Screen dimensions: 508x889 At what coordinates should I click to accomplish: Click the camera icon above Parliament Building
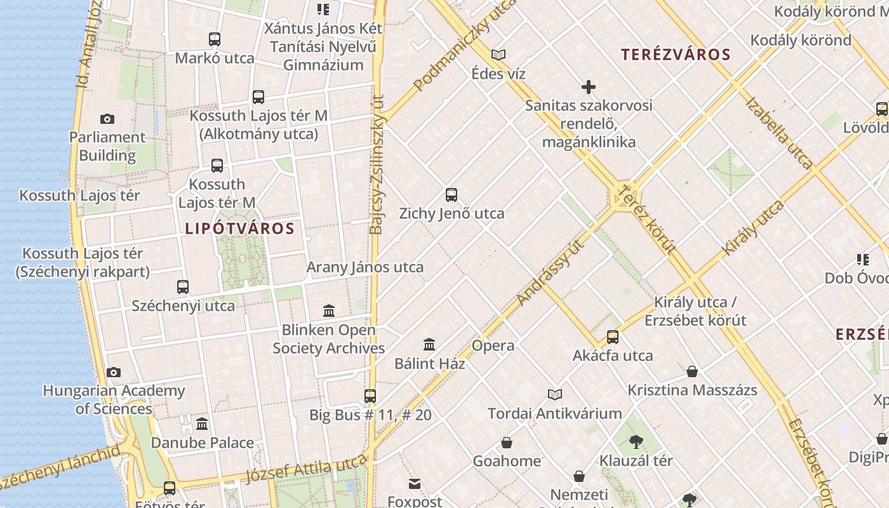pyautogui.click(x=107, y=119)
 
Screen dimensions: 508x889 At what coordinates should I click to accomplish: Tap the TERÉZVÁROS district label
pyautogui.click(x=676, y=55)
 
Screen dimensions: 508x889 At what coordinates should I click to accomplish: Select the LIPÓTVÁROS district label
pyautogui.click(x=240, y=229)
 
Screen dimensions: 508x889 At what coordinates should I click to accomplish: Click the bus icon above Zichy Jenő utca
pyautogui.click(x=451, y=195)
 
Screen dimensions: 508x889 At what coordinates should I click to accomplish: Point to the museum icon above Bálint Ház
pyautogui.click(x=429, y=345)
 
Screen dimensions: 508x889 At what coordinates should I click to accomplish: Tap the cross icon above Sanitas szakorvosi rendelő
pyautogui.click(x=589, y=87)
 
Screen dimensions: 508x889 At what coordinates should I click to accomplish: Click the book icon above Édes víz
pyautogui.click(x=498, y=55)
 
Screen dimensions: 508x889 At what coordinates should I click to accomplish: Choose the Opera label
pyautogui.click(x=493, y=346)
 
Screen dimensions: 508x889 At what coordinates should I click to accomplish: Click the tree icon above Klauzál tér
pyautogui.click(x=636, y=442)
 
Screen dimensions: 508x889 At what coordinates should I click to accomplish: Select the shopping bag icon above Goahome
pyautogui.click(x=507, y=443)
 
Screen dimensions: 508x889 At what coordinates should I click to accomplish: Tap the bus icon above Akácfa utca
pyautogui.click(x=613, y=337)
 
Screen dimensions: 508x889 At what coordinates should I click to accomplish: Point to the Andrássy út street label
pyautogui.click(x=550, y=273)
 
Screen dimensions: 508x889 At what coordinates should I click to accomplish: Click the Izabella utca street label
pyautogui.click(x=779, y=133)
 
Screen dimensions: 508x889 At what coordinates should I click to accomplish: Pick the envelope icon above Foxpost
pyautogui.click(x=415, y=485)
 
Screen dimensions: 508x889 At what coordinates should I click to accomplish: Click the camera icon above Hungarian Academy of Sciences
pyautogui.click(x=114, y=373)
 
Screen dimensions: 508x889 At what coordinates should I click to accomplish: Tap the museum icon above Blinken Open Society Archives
pyautogui.click(x=329, y=311)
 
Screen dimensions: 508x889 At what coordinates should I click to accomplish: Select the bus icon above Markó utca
pyautogui.click(x=215, y=39)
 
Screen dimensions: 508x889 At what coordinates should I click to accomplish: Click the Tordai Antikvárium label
pyautogui.click(x=555, y=414)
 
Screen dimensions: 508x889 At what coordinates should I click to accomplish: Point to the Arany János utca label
pyautogui.click(x=365, y=267)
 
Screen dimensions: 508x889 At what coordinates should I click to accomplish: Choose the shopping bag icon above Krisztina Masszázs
pyautogui.click(x=692, y=371)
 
